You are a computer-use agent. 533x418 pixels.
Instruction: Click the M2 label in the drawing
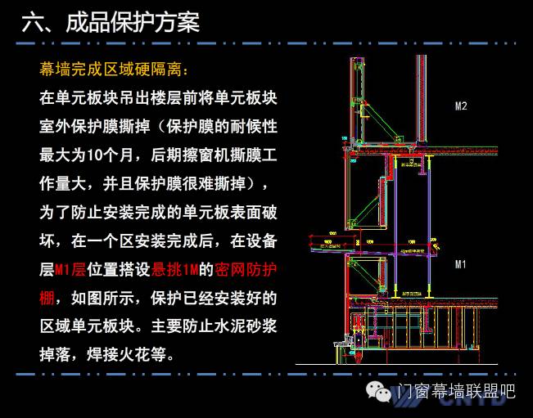pos(461,106)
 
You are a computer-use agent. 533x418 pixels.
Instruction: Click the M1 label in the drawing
pos(460,264)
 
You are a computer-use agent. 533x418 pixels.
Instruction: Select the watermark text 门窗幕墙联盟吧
pos(456,393)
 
